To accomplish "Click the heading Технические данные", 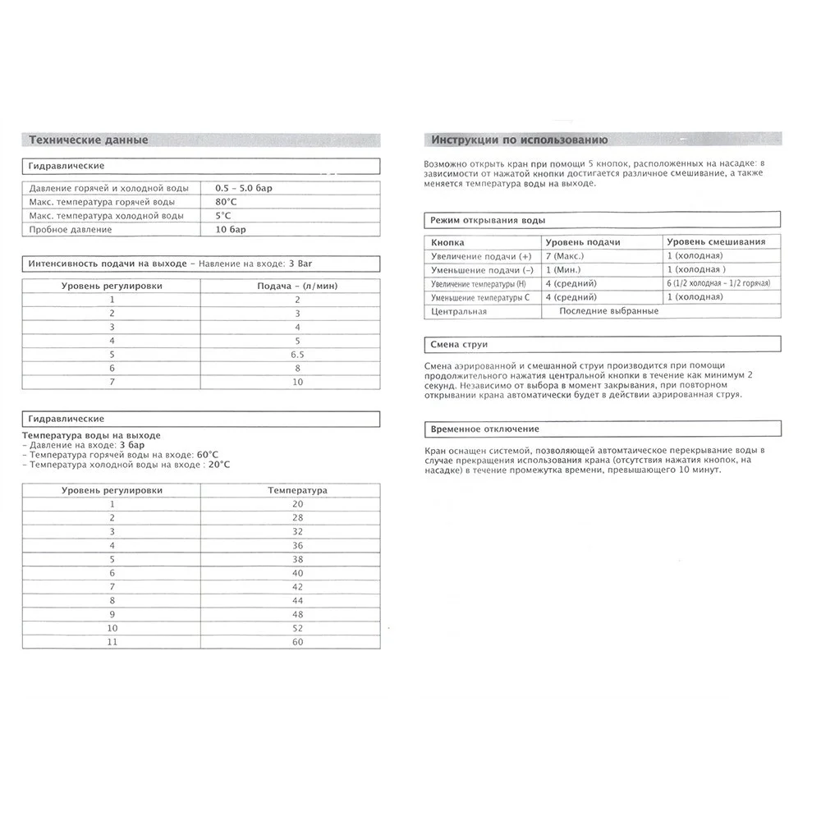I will pyautogui.click(x=88, y=140).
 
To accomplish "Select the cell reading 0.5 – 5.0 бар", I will pyautogui.click(x=243, y=188).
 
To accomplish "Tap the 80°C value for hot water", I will pyautogui.click(x=227, y=202).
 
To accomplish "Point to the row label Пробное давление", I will pyautogui.click(x=70, y=230).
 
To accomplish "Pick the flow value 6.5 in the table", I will pyautogui.click(x=296, y=353).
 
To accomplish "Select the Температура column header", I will pyautogui.click(x=297, y=490).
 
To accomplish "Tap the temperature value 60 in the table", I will pyautogui.click(x=297, y=641).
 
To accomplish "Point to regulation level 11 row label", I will pyautogui.click(x=112, y=641).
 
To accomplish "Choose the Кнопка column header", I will pyautogui.click(x=447, y=242).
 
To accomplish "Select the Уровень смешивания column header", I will pyautogui.click(x=716, y=242).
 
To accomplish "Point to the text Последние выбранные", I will pyautogui.click(x=608, y=311).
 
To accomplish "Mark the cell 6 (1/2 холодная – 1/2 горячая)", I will pyautogui.click(x=718, y=283).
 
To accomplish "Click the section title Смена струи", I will pyautogui.click(x=459, y=345).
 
